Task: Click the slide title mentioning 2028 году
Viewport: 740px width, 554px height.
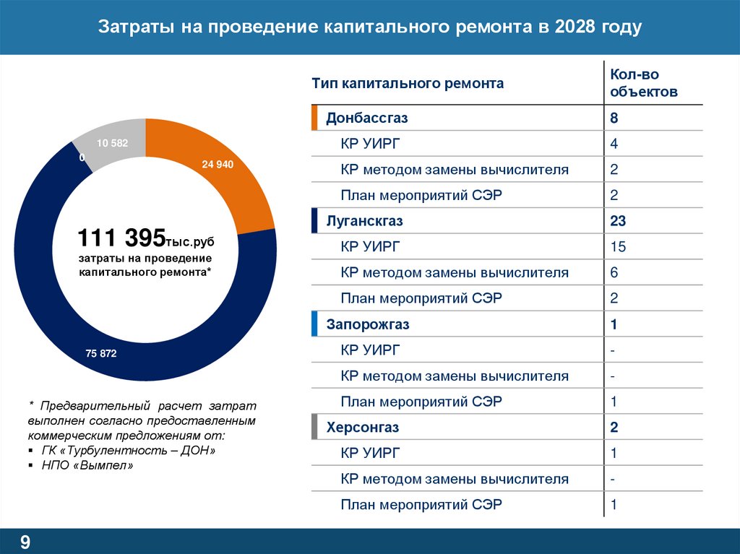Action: click(369, 27)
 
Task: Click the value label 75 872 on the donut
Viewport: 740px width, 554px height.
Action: click(100, 354)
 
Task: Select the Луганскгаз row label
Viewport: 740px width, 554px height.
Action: click(364, 221)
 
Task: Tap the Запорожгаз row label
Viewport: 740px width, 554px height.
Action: click(368, 324)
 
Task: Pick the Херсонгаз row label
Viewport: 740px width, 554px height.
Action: click(362, 428)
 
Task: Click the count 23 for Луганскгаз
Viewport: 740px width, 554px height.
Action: click(617, 221)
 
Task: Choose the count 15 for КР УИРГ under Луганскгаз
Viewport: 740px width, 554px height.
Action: click(617, 247)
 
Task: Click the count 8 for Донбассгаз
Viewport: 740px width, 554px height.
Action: click(614, 118)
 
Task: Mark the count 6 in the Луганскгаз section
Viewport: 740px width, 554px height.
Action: click(614, 273)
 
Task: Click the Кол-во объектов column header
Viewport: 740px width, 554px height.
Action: click(643, 83)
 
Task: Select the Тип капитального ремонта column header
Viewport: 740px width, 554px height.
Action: click(408, 84)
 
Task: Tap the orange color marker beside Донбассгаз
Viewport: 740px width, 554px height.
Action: click(314, 118)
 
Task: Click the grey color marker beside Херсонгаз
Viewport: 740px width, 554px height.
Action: click(314, 428)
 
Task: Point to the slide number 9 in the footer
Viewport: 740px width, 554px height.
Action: click(25, 542)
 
